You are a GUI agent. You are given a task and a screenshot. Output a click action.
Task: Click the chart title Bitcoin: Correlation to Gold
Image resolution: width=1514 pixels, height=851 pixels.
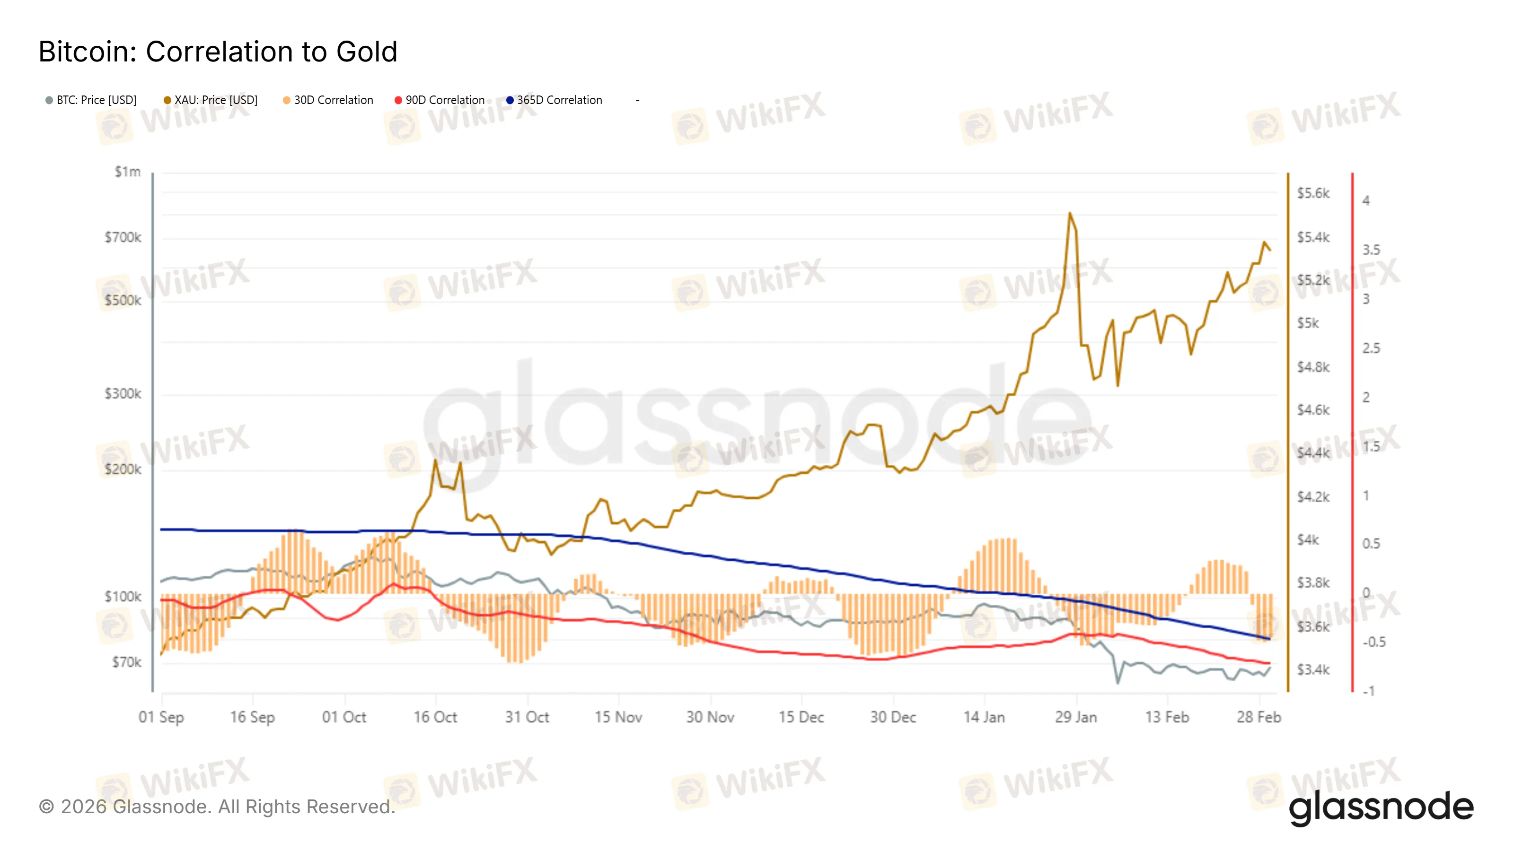click(218, 52)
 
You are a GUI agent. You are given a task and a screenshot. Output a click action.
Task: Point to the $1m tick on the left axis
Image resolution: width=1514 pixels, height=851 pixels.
click(128, 172)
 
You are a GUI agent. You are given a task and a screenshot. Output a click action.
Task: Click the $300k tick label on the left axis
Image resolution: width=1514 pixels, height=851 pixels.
click(123, 393)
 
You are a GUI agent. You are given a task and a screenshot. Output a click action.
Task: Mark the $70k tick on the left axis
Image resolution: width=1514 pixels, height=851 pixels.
click(126, 662)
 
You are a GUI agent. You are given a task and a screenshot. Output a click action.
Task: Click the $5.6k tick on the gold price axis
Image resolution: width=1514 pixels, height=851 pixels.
click(1313, 193)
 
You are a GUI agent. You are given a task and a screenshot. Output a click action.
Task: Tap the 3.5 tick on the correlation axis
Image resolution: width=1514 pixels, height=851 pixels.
click(1371, 250)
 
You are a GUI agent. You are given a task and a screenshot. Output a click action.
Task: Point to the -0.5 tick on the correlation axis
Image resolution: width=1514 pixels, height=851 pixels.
click(1373, 642)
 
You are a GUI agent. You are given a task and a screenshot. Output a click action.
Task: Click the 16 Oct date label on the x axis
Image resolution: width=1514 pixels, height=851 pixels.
click(435, 717)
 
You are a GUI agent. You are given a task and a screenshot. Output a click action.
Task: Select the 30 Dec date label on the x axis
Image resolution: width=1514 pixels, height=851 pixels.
click(893, 717)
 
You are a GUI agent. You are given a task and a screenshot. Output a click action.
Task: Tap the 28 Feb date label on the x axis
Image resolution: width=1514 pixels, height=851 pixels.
click(1259, 717)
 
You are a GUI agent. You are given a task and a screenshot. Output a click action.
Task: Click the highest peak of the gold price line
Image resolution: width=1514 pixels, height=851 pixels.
click(1070, 214)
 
